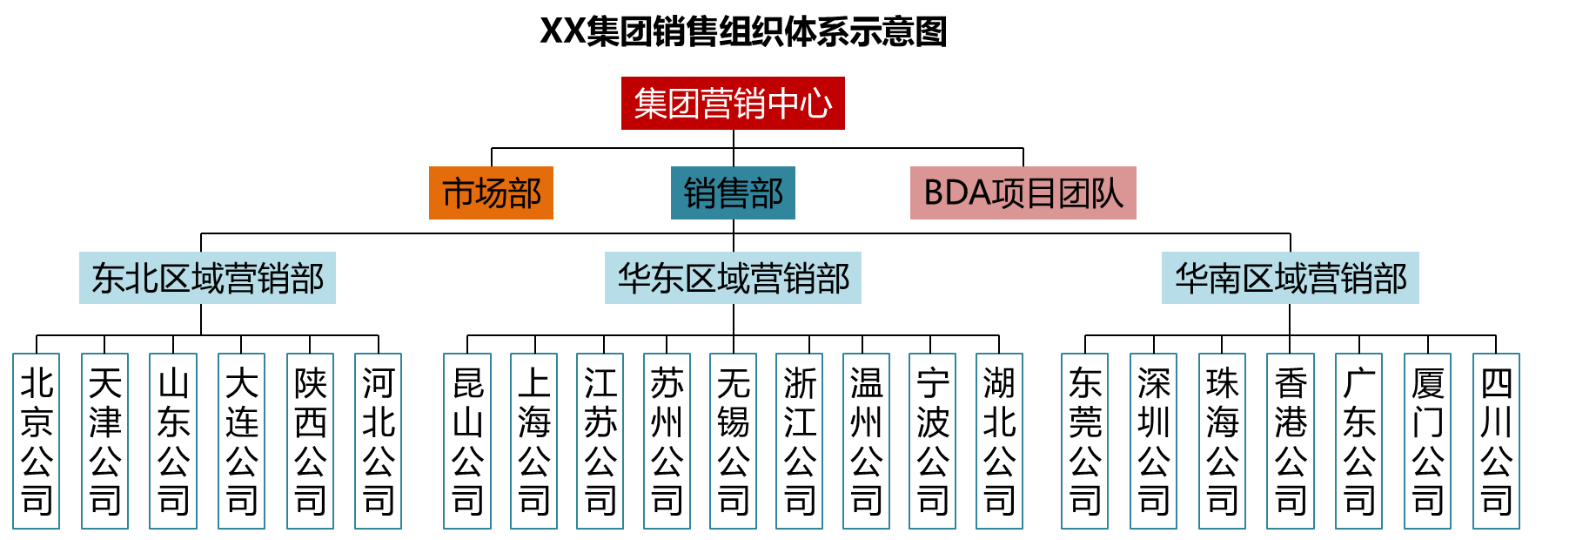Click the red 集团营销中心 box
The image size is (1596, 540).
coord(733,104)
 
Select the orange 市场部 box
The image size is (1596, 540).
coord(491,192)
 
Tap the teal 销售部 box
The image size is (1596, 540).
coord(733,192)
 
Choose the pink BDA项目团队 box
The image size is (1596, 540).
coord(1023,192)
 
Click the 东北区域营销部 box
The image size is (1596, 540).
coord(207,278)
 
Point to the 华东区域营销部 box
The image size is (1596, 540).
coord(733,278)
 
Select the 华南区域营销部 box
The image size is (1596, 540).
coord(1290,278)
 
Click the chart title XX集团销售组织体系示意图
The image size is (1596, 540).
coord(742,32)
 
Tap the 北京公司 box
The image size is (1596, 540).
coord(37,441)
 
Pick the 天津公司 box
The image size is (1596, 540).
coord(104,441)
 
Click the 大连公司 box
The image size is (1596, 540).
coord(241,441)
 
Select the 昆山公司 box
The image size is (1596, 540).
coord(467,441)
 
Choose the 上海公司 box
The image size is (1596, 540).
coord(533,441)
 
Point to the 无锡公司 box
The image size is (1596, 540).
coord(733,441)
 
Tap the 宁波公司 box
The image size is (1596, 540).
coord(932,441)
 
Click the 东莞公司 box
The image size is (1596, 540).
coord(1085,441)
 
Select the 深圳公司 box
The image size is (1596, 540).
coord(1153,441)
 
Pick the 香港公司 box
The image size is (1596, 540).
coord(1291,441)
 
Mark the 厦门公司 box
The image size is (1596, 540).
coord(1427,441)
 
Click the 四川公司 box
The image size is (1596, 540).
coord(1496,441)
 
